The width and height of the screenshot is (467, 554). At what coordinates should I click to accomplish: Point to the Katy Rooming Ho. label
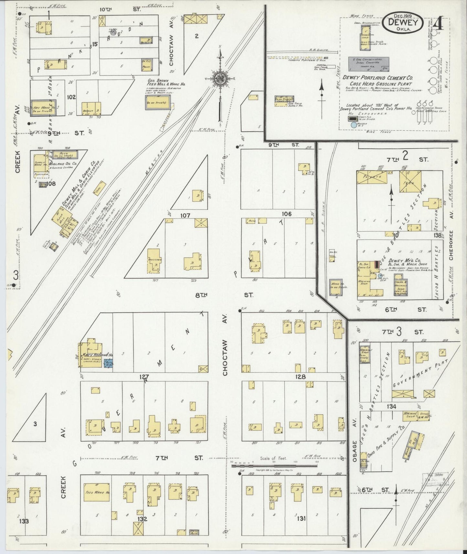pos(95,355)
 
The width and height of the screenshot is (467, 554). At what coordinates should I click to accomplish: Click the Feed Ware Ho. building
pos(97,492)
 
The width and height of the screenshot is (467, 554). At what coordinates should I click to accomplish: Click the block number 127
pos(144,377)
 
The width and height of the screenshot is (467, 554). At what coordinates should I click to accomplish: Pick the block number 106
pos(287,214)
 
